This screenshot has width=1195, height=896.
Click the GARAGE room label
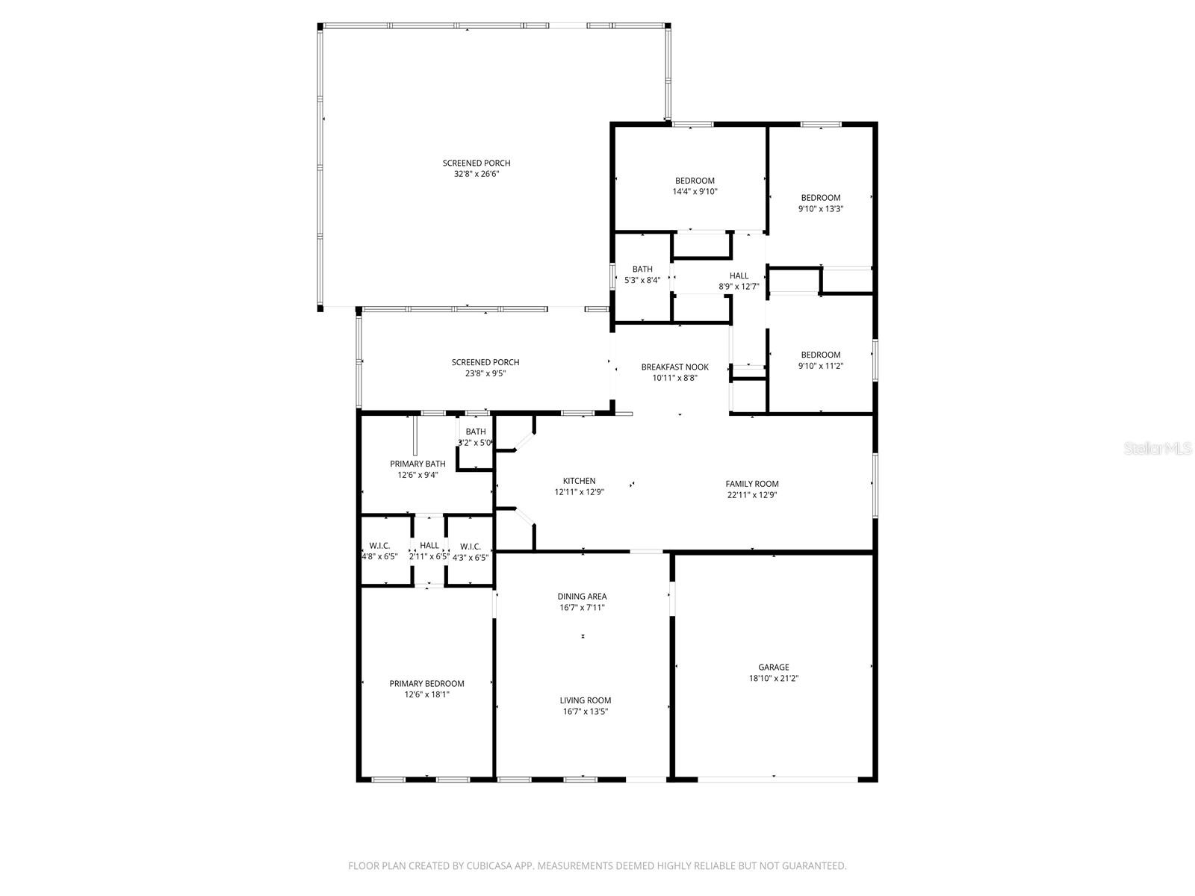(773, 668)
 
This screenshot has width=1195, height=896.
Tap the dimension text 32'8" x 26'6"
(477, 174)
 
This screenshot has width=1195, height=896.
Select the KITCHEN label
(579, 481)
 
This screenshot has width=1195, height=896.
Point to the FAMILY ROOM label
(752, 484)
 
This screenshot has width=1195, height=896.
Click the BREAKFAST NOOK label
(674, 367)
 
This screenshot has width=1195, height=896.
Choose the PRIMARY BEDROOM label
(426, 683)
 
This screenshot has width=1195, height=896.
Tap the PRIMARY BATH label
(418, 464)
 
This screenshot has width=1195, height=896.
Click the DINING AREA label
(582, 596)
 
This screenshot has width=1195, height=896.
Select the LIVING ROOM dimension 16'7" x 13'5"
(585, 712)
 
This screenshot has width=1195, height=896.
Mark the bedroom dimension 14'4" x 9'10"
(695, 191)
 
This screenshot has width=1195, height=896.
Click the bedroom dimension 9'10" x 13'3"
(821, 209)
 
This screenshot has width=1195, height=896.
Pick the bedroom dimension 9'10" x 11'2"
(821, 366)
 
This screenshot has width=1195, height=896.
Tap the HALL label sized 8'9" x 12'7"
(739, 276)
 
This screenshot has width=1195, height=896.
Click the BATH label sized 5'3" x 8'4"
(642, 270)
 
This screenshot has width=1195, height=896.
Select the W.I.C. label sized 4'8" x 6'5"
(379, 546)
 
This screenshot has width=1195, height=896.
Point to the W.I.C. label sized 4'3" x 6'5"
(471, 546)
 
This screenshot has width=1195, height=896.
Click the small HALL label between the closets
(429, 546)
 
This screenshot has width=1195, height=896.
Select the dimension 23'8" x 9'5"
(485, 373)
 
